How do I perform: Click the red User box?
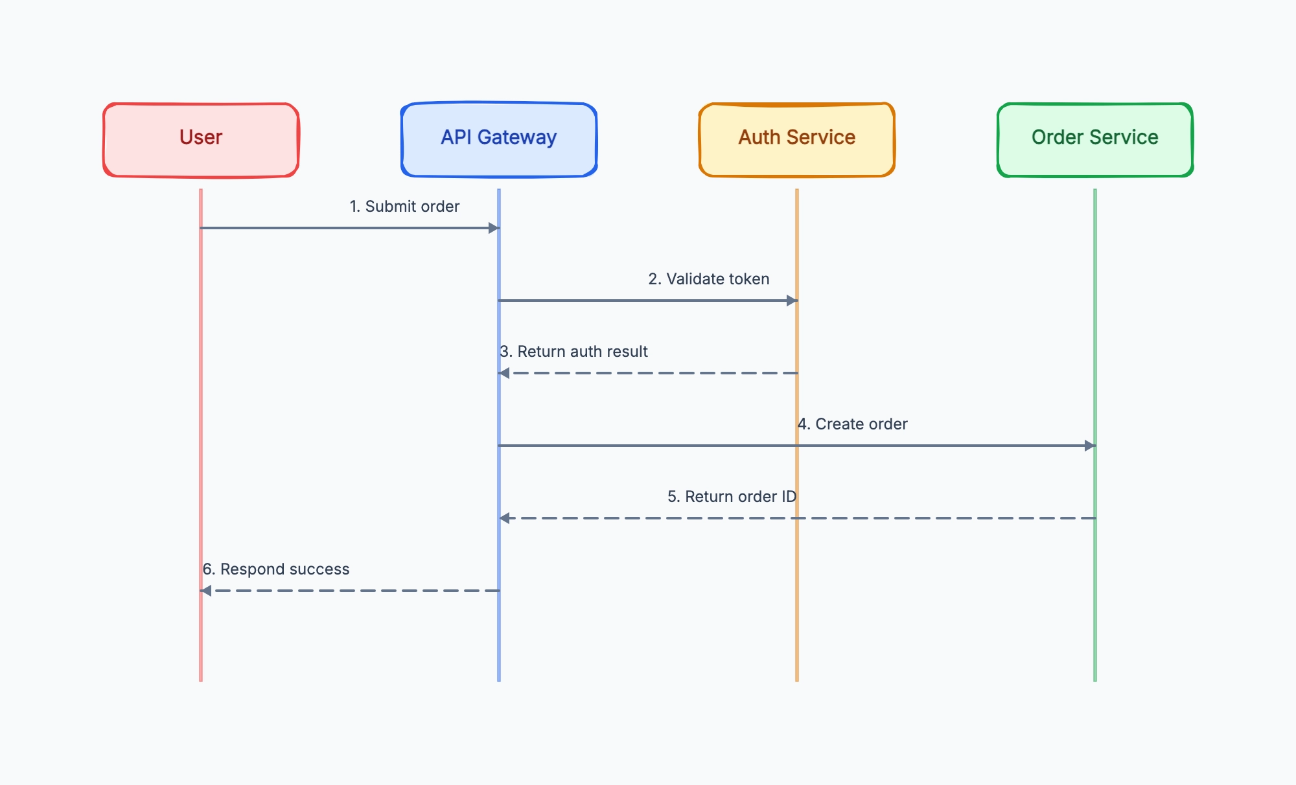pos(201,140)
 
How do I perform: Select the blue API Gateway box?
pos(499,140)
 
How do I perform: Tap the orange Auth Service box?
pos(797,140)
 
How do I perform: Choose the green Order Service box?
pos(1095,140)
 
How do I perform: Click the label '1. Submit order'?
pos(404,207)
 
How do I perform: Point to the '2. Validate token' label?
pos(709,279)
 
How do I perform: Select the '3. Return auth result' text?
pos(573,352)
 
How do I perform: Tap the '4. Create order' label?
pos(852,424)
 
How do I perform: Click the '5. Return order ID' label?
pos(732,497)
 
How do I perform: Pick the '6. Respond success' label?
pos(276,569)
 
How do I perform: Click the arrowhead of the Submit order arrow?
pos(494,228)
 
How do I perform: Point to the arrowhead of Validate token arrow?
pos(792,301)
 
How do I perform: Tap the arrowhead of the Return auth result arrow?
pos(504,373)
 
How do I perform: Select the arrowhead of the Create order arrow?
pos(1090,446)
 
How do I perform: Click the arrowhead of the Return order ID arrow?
pos(504,518)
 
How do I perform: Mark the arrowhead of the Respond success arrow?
pos(206,591)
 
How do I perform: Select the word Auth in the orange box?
pos(759,137)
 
